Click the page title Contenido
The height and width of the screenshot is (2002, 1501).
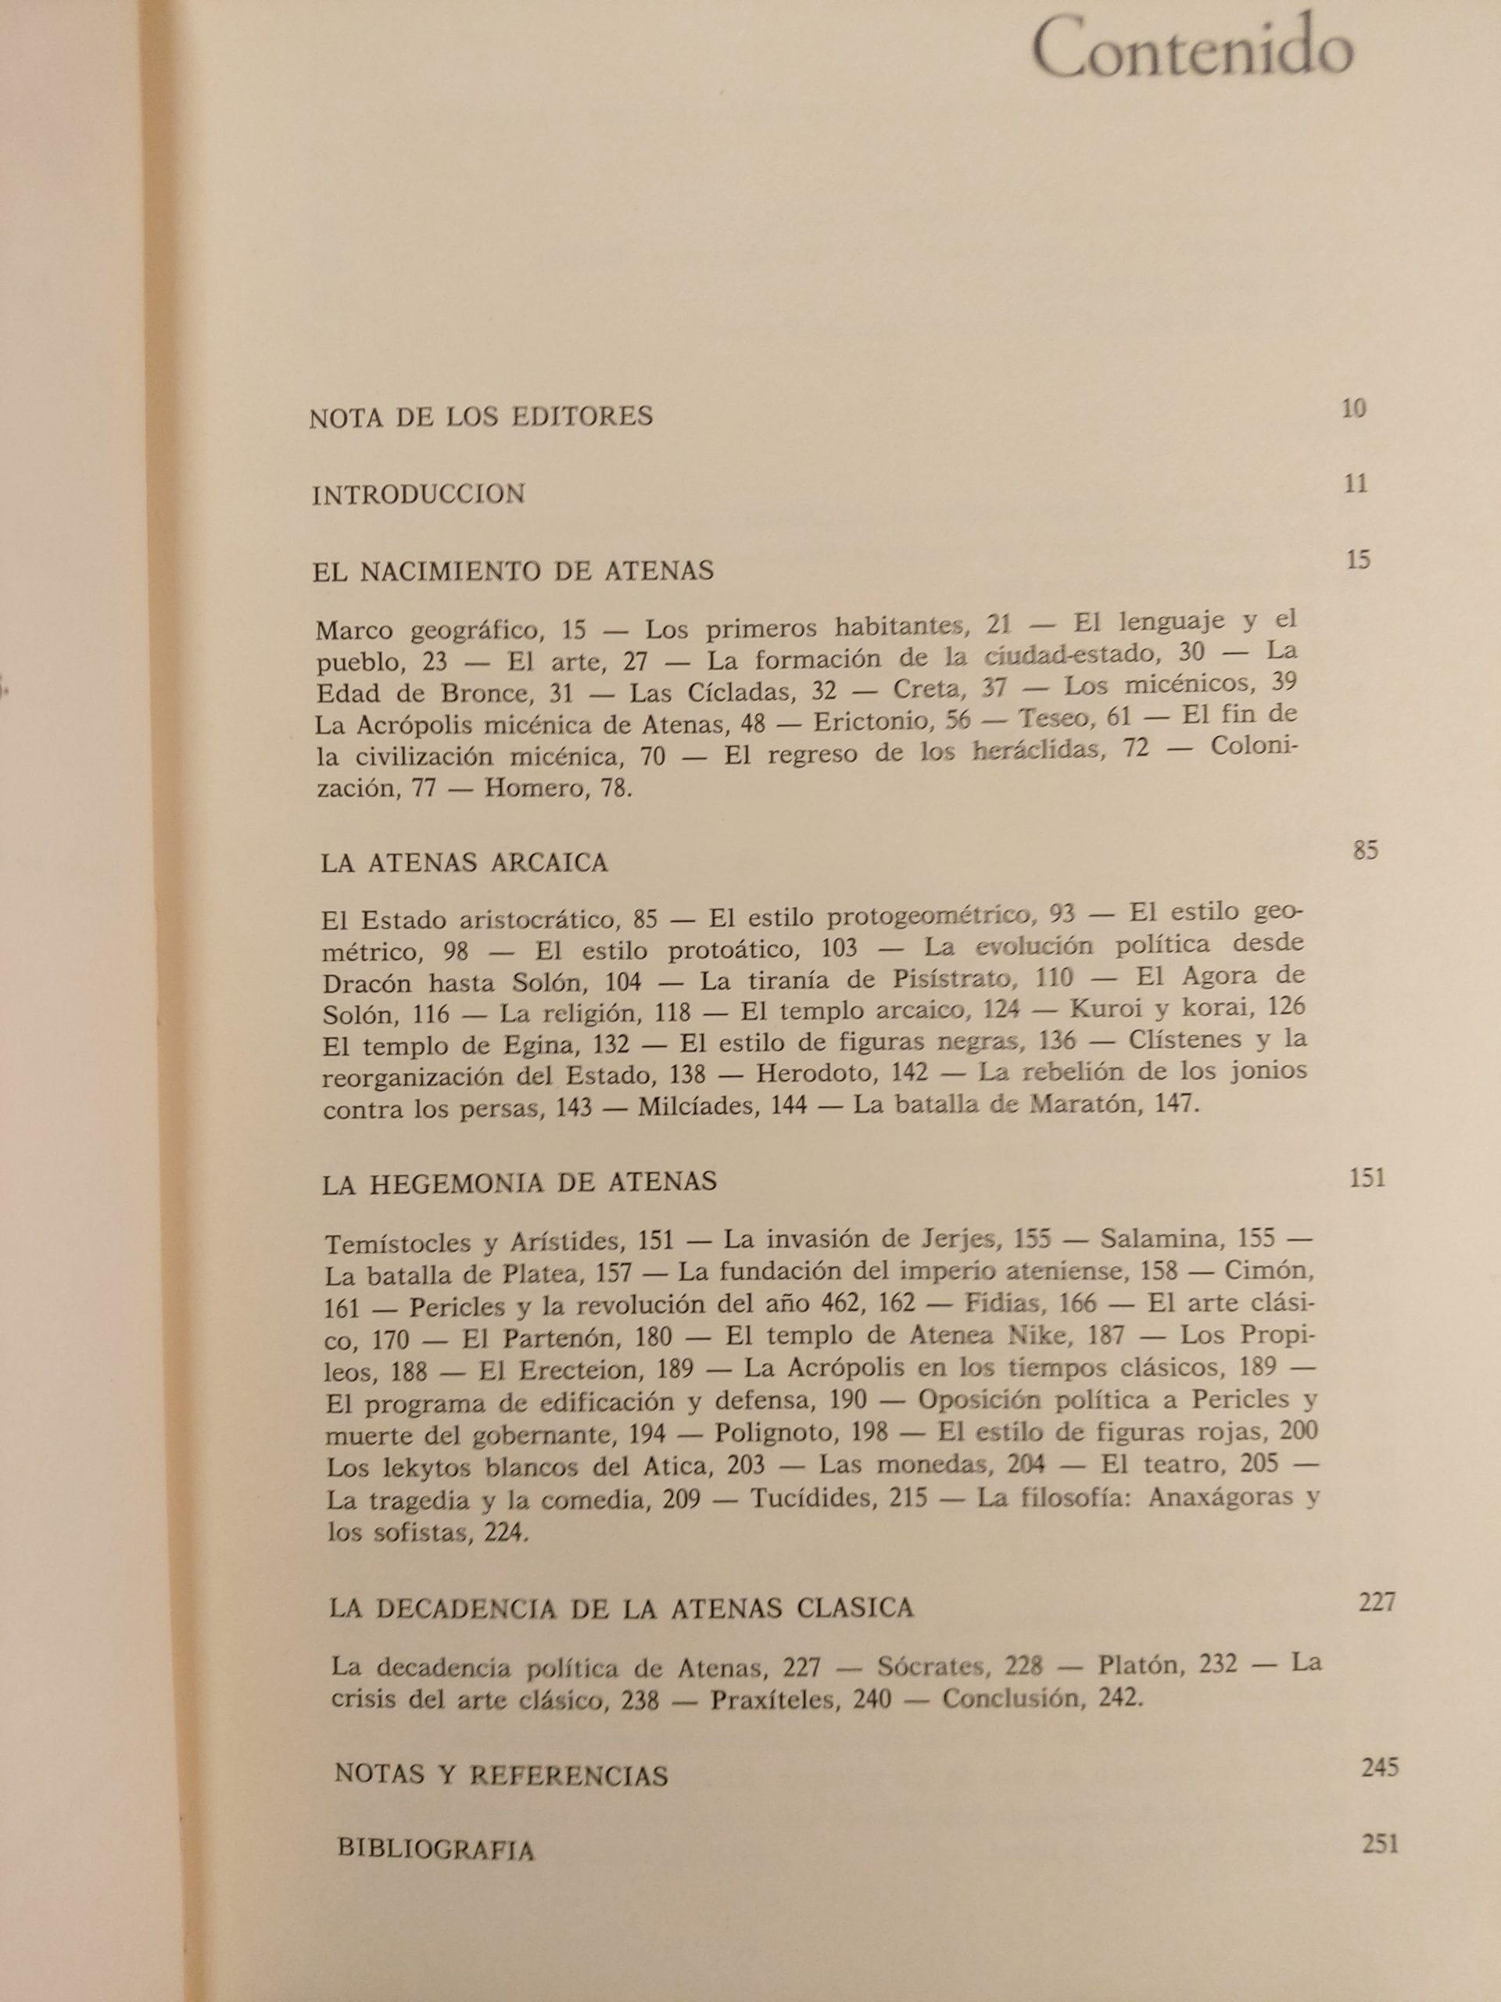[1191, 53]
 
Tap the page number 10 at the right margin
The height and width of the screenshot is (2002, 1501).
[1353, 408]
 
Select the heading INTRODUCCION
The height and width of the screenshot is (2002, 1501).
[419, 494]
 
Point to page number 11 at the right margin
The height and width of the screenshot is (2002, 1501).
[1356, 483]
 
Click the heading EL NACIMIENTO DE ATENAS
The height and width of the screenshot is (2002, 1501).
[513, 571]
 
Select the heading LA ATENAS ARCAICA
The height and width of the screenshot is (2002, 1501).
[464, 863]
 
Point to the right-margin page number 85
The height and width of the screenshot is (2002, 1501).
[1365, 851]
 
